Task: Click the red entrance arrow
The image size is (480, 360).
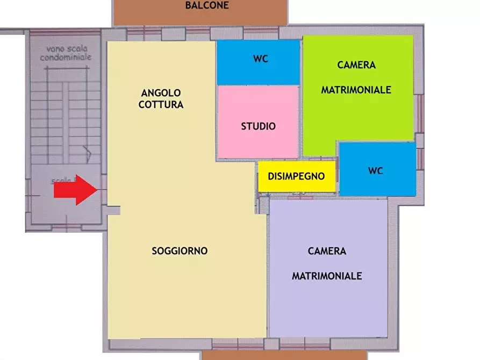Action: tap(75, 190)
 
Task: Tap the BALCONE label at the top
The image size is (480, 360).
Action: tap(207, 6)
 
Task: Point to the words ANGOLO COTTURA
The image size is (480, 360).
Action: tap(161, 99)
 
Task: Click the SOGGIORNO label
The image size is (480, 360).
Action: tap(180, 251)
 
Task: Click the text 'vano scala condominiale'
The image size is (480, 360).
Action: tap(66, 52)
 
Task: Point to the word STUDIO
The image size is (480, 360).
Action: tap(258, 127)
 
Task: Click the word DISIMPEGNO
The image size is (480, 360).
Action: tap(296, 176)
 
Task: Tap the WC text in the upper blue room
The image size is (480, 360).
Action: tap(261, 59)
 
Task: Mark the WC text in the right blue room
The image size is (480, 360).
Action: tap(376, 171)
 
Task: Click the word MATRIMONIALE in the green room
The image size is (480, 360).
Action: tap(356, 90)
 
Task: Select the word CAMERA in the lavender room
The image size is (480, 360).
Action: tap(327, 251)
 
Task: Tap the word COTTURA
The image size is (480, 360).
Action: tap(161, 105)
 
